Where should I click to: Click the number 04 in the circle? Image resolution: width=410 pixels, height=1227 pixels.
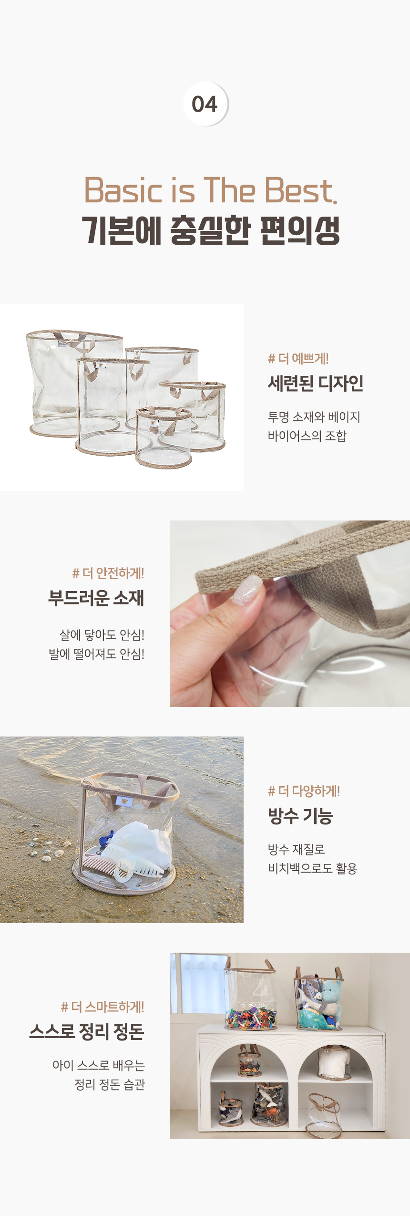pos(205,104)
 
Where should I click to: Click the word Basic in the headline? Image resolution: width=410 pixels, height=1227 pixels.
pos(123,190)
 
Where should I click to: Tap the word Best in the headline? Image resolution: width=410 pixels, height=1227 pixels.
pos(300,190)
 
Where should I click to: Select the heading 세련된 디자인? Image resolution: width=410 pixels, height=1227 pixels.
pos(316,383)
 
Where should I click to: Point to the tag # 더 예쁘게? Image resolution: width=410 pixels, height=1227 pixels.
pos(298,358)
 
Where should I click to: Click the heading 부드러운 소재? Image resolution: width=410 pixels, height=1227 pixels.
pos(96,598)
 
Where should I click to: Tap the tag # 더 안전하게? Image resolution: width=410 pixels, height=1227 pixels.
pos(108,573)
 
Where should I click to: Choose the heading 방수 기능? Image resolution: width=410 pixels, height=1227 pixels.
pos(300,816)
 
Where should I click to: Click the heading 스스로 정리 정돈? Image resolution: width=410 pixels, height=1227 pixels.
pos(87,1031)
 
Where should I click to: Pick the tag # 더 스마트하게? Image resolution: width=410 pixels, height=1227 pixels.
pos(102,1007)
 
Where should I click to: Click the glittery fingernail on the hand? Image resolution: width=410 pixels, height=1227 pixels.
pos(248,589)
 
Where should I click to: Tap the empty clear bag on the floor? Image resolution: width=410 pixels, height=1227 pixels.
pos(324,1117)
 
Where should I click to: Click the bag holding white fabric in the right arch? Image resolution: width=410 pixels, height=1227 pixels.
pos(334,1062)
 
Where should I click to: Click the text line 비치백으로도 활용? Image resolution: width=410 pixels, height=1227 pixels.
pos(312,868)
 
